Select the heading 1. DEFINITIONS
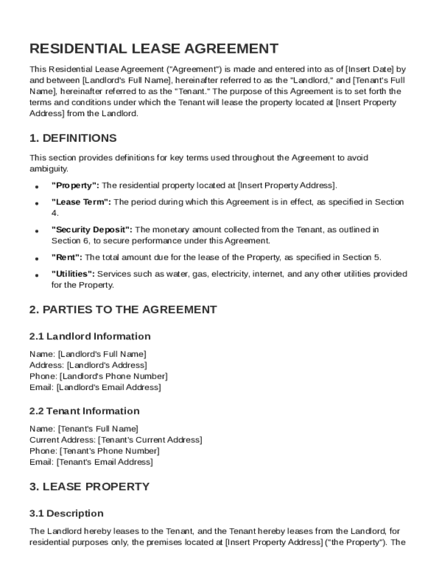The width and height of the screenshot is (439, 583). (73, 138)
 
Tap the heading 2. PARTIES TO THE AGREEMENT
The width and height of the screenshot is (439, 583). (123, 310)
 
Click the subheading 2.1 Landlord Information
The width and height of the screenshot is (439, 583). (90, 336)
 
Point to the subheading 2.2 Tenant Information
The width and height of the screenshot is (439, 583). (84, 411)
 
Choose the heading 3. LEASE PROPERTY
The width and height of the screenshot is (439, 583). (89, 487)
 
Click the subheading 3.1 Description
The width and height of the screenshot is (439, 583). (67, 514)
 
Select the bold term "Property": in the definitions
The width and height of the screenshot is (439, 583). (75, 186)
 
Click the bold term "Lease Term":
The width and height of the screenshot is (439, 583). (82, 202)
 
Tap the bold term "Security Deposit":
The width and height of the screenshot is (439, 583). (92, 230)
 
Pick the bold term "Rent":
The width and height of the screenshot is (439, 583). (67, 257)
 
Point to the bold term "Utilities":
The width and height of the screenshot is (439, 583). (73, 274)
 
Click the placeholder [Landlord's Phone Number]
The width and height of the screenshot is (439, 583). (113, 376)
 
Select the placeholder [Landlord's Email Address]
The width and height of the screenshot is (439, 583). (108, 388)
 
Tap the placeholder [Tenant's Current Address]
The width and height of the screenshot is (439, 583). (150, 440)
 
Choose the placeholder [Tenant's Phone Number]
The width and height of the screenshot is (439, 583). (109, 451)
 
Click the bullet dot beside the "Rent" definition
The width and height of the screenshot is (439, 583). (36, 258)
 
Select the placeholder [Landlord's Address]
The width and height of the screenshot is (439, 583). (107, 365)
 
